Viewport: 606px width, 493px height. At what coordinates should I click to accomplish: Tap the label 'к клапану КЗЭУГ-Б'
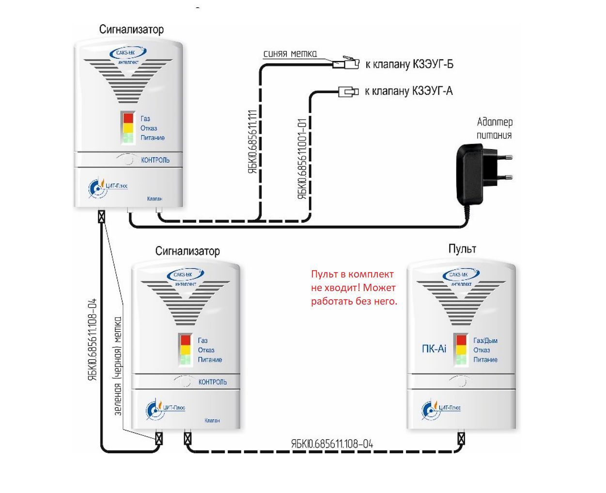click(409, 64)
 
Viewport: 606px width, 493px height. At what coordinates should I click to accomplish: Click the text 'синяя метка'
click(290, 54)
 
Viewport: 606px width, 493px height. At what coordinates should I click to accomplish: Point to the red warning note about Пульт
click(354, 288)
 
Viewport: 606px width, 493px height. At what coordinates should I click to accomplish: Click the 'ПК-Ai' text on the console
click(434, 349)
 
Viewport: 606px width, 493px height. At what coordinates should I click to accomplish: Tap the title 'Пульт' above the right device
click(462, 249)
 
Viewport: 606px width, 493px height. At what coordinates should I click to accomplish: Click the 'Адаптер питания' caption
click(494, 128)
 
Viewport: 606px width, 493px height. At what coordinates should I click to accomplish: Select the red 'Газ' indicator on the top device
click(128, 118)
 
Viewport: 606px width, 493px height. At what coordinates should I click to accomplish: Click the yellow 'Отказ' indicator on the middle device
click(186, 350)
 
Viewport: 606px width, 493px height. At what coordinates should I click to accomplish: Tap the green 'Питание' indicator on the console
click(461, 359)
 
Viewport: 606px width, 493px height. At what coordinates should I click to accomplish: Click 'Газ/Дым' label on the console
click(485, 340)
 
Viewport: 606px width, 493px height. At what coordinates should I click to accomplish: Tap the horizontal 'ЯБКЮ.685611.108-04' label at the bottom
click(332, 444)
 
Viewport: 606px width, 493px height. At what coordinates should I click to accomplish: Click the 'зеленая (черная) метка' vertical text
click(118, 366)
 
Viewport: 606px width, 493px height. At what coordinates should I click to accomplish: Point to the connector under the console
click(461, 439)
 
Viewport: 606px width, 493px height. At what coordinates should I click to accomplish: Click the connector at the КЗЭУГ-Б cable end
click(350, 63)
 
